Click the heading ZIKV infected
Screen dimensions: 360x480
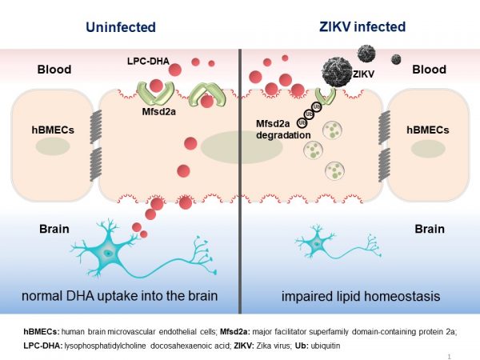point(360,27)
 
